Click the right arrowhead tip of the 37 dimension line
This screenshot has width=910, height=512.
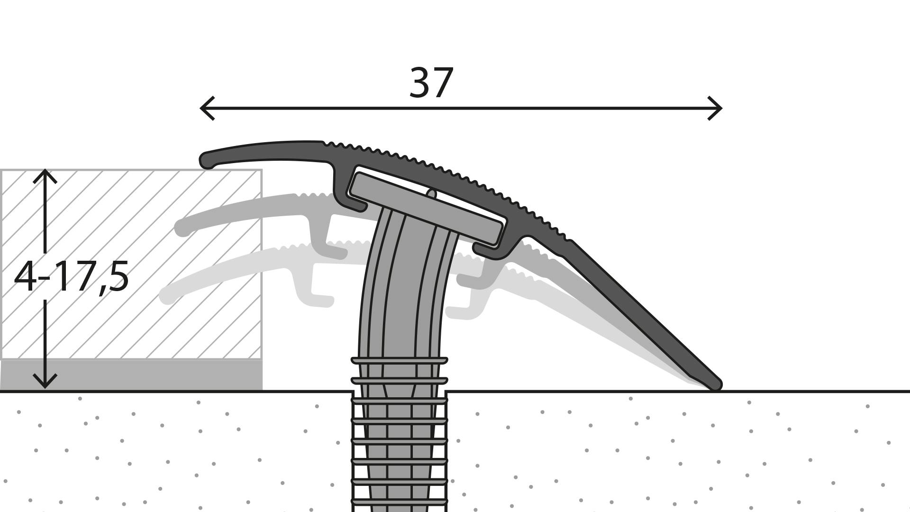(x=722, y=109)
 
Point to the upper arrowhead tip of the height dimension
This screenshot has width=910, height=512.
(x=45, y=170)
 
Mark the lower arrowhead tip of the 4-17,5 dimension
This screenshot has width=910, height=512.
(x=45, y=388)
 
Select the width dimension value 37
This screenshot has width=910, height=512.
(x=431, y=83)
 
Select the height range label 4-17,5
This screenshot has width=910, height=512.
(x=71, y=277)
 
